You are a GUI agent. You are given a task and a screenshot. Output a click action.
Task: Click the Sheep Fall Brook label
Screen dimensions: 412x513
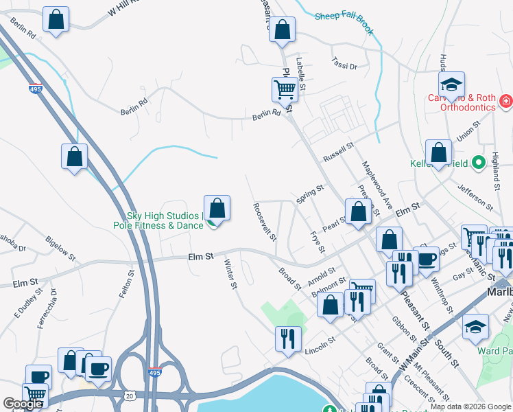344,23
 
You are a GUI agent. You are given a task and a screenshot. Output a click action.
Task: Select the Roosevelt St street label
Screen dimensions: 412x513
264,221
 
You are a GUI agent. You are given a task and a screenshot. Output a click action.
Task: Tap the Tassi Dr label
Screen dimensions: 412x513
344,64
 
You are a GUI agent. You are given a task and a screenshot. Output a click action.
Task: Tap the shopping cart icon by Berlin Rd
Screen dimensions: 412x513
285,89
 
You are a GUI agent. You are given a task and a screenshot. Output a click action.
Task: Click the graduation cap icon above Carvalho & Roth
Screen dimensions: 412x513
451,85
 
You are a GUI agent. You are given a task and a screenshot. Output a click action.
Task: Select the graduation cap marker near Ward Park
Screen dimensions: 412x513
475,328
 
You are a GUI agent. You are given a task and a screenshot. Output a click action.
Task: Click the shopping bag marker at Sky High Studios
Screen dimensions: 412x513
217,209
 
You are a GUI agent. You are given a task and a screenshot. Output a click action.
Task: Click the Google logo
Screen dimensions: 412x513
23,404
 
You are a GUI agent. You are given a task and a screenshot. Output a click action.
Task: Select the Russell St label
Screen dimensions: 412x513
337,150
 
